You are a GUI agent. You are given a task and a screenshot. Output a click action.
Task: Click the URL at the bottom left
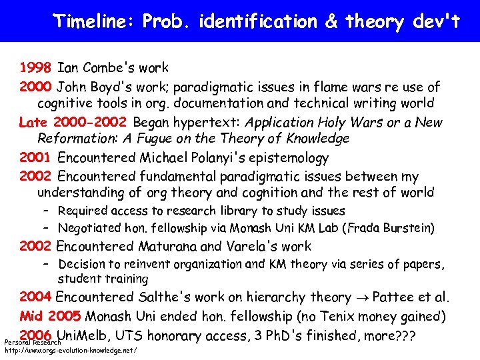pyautogui.click(x=71, y=350)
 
